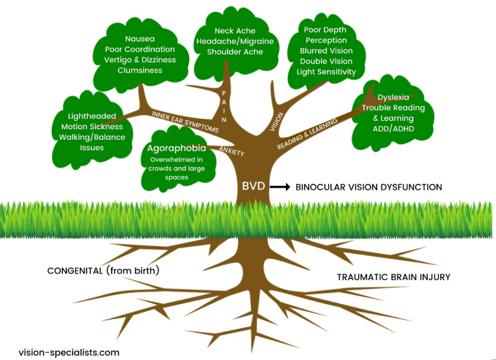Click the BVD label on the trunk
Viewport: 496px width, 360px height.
tap(254, 186)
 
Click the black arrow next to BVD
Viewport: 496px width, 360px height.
tap(279, 186)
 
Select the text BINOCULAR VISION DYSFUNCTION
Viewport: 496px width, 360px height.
tap(369, 187)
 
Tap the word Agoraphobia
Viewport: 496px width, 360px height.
tap(177, 148)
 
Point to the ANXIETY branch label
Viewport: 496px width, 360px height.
tap(231, 151)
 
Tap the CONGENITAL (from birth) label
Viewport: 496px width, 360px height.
tap(103, 270)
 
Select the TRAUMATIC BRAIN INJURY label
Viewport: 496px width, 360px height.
tap(393, 277)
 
